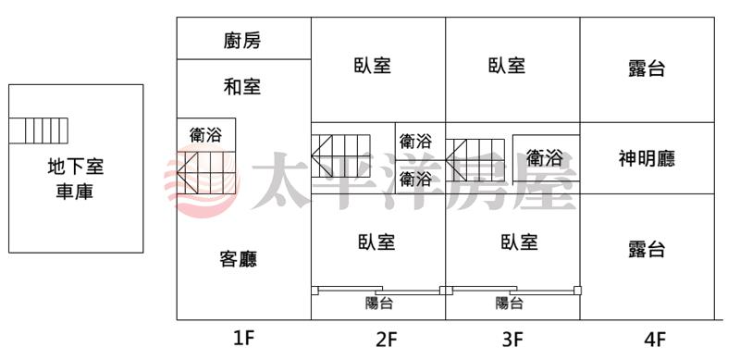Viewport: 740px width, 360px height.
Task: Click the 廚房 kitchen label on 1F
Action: click(242, 41)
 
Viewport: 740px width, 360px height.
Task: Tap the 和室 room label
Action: click(242, 86)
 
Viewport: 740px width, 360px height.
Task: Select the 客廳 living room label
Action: click(239, 259)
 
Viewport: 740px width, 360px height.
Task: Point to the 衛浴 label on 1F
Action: click(205, 136)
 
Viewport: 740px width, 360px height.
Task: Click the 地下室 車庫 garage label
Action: click(75, 180)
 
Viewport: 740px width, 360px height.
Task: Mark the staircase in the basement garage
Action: click(38, 130)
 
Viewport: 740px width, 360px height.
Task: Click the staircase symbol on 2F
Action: click(340, 155)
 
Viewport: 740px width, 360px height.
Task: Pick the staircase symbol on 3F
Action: click(475, 160)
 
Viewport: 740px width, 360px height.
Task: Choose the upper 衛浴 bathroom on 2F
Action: click(415, 141)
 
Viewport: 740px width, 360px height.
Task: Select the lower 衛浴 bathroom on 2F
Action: click(415, 179)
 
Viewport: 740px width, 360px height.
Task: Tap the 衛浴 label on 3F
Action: click(544, 158)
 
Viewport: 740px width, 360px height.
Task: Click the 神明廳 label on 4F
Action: click(647, 159)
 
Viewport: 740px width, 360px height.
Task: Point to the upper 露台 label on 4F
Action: click(647, 68)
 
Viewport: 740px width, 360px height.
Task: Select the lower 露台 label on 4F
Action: click(647, 249)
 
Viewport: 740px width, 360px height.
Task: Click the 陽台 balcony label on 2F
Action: click(379, 303)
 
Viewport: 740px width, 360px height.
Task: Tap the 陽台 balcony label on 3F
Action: click(510, 303)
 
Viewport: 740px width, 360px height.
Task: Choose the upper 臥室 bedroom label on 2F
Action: click(373, 65)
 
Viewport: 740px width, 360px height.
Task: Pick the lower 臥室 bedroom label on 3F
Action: click(519, 242)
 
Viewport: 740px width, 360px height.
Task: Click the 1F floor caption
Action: click(244, 339)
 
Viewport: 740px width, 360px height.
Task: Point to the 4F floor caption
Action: click(655, 340)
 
